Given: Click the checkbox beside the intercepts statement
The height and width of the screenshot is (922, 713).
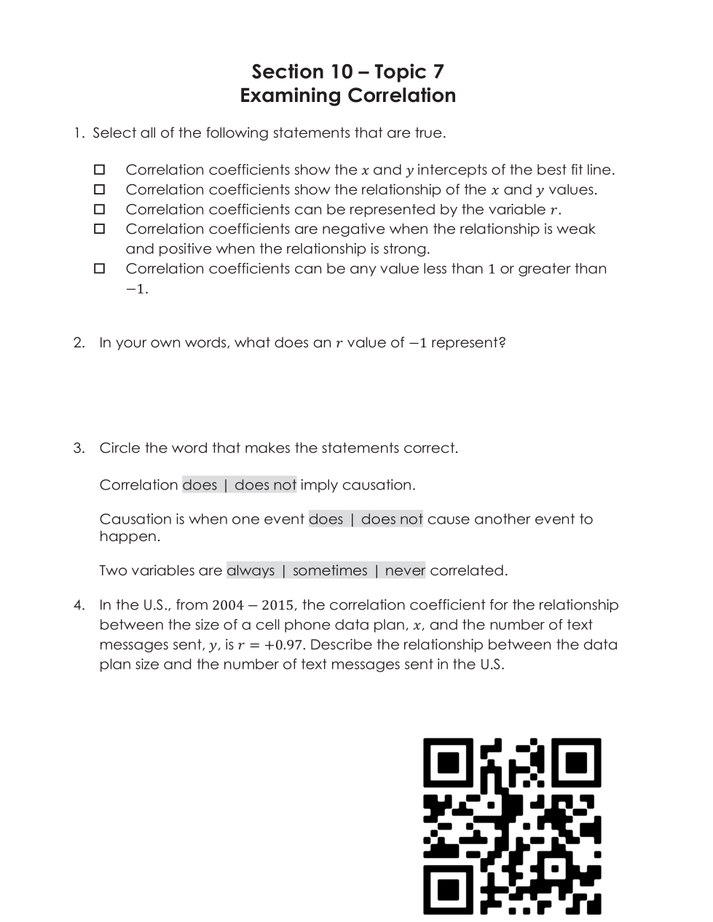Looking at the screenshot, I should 100,170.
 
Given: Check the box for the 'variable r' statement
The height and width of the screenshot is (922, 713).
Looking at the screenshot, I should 100,209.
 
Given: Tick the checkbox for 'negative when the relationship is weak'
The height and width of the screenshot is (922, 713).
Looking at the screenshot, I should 100,229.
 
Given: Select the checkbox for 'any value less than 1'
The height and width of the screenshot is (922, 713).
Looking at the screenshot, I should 100,269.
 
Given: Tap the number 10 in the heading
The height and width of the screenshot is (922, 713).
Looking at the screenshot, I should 342,71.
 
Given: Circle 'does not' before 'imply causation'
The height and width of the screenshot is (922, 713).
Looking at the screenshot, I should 265,485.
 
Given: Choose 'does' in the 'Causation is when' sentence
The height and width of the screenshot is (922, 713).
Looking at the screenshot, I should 326,519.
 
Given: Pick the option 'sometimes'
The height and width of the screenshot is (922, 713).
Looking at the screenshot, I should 330,570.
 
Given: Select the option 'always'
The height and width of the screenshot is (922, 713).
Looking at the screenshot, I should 251,570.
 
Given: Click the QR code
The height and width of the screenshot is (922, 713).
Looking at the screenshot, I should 512,826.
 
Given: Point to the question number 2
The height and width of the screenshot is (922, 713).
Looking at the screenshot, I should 79,342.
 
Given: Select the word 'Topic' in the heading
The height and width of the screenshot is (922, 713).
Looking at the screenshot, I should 399,71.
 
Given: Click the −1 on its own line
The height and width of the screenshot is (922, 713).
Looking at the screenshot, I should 136,289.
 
